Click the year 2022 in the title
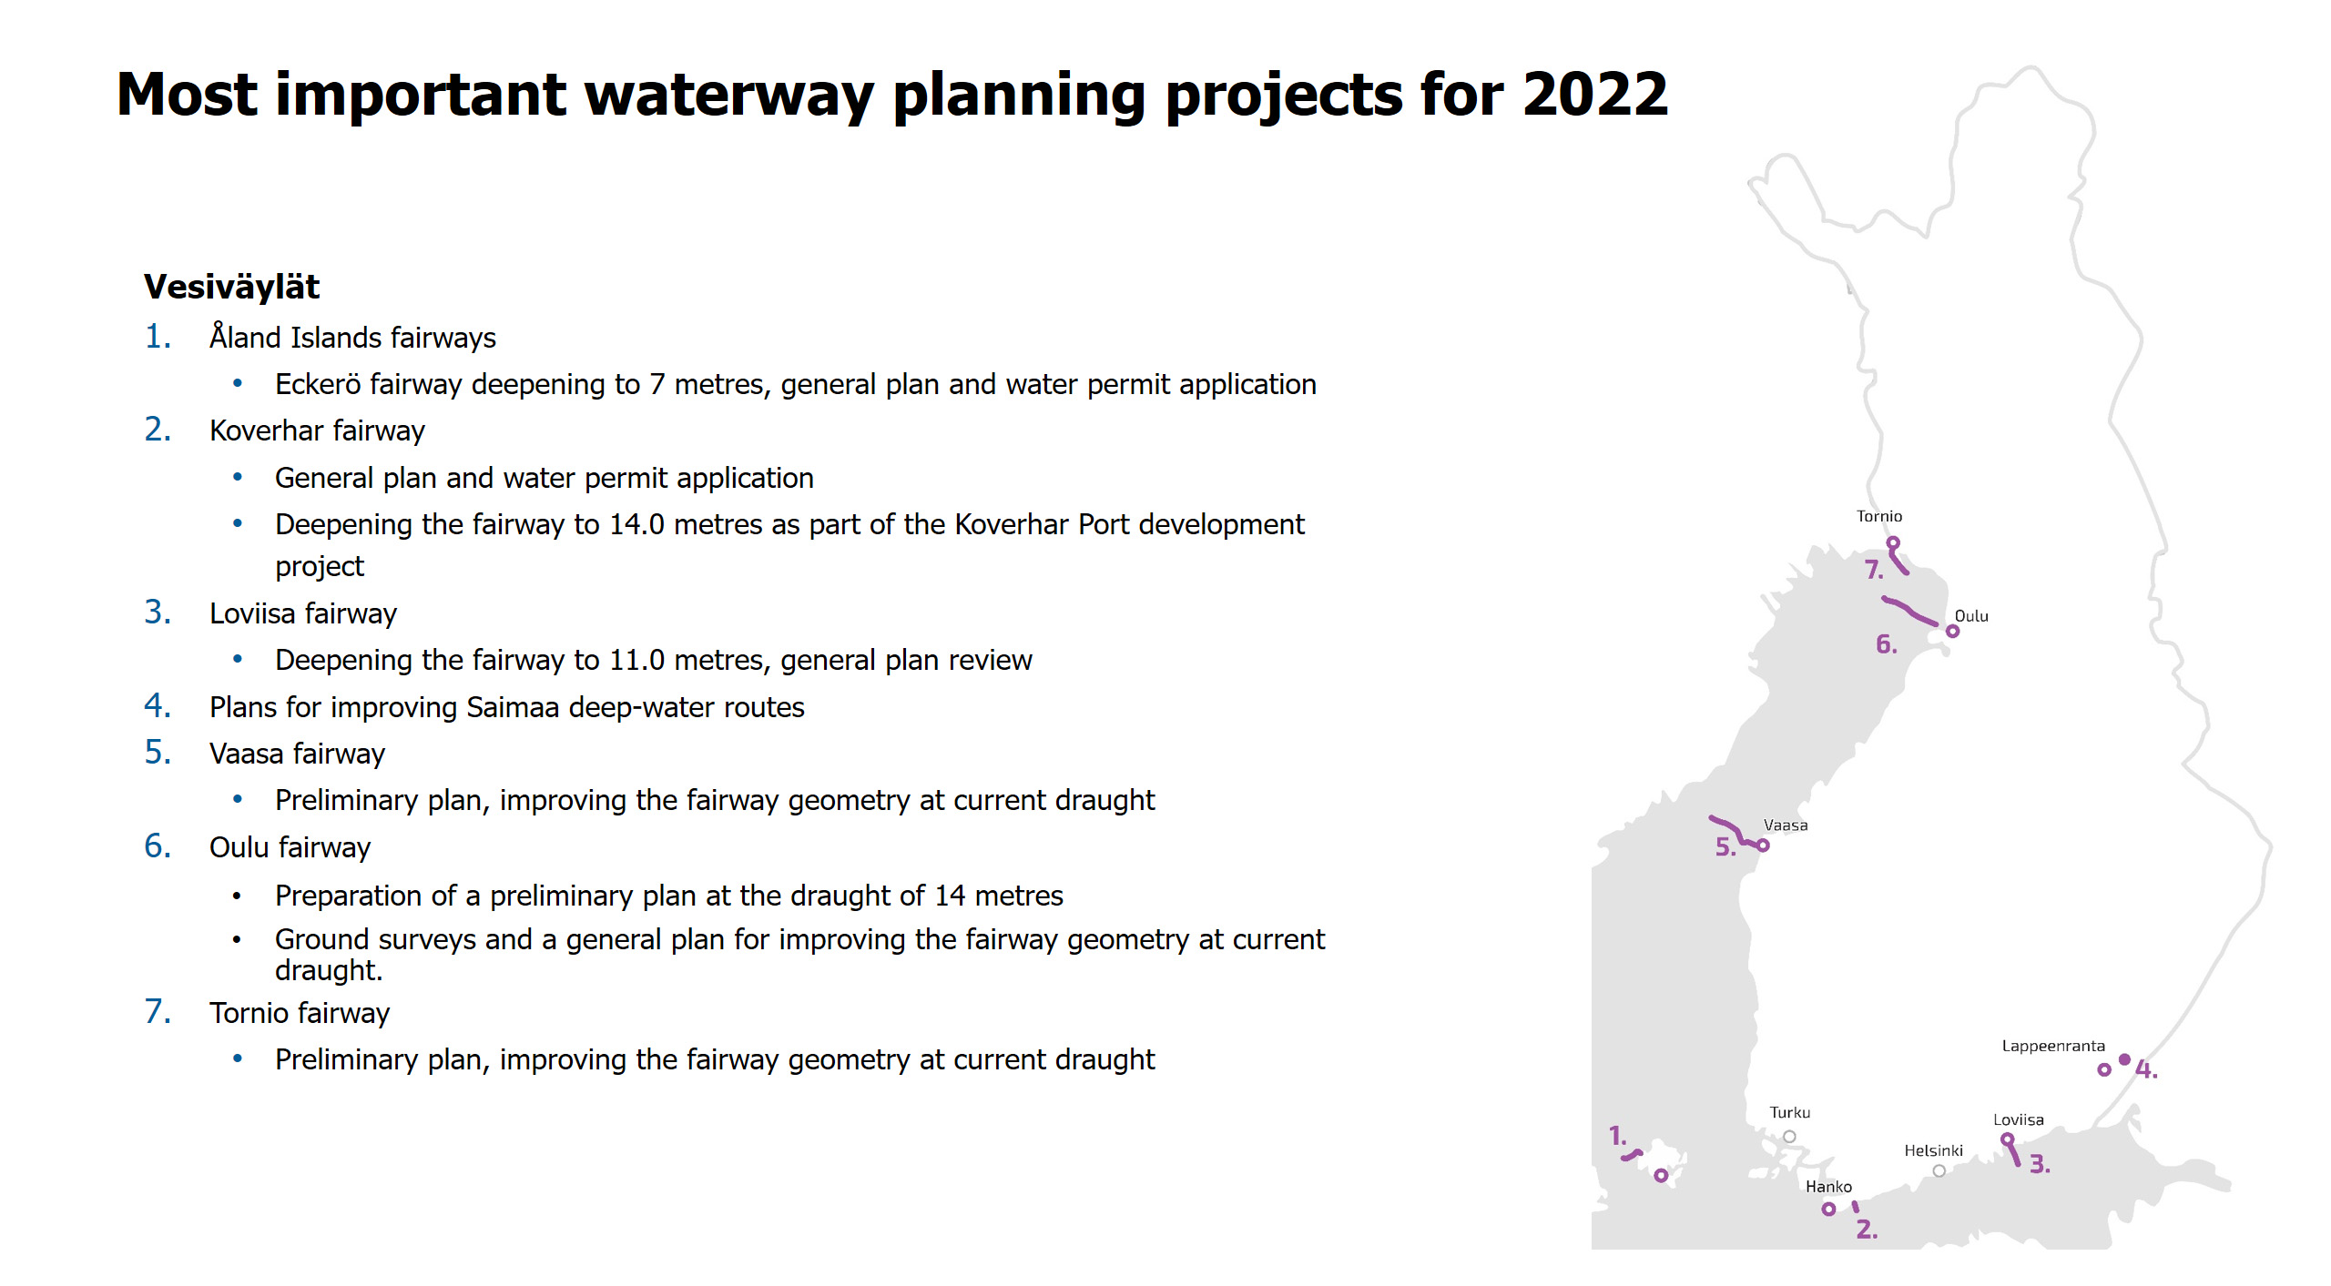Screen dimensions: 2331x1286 click(x=1594, y=94)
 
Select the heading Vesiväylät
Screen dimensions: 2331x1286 click(x=231, y=287)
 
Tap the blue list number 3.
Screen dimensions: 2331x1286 click(x=158, y=613)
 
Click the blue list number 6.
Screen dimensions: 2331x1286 click(x=158, y=846)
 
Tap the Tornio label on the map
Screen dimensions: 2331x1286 click(x=1879, y=516)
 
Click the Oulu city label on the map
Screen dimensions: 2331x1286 click(x=1971, y=616)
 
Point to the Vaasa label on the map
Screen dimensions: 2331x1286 click(x=1786, y=825)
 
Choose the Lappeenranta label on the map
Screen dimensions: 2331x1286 click(x=2053, y=1047)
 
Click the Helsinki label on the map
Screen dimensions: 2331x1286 click(x=1933, y=1151)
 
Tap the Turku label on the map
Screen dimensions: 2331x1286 click(x=1790, y=1113)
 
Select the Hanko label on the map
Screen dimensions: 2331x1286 click(x=1828, y=1187)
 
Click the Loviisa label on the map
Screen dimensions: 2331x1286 click(x=2019, y=1120)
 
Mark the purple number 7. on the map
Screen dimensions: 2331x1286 click(x=1874, y=570)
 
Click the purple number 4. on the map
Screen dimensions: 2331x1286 click(x=2146, y=1069)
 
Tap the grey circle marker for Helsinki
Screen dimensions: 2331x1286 click(x=1939, y=1171)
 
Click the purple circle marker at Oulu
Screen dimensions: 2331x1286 click(x=1952, y=632)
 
